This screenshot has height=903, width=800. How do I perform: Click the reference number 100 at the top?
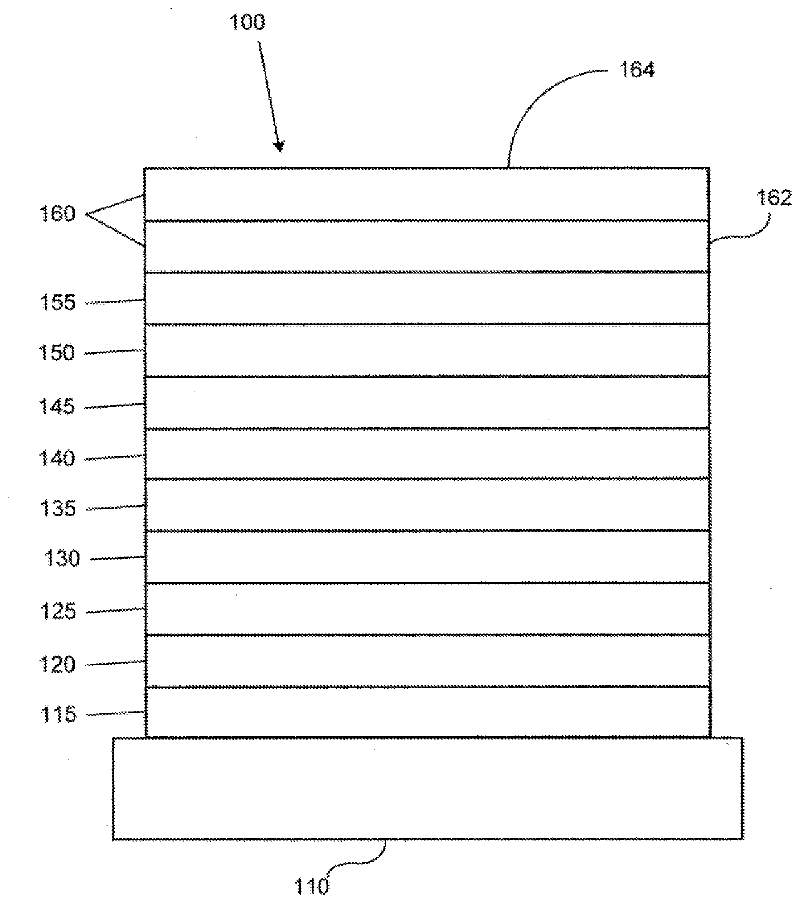247,23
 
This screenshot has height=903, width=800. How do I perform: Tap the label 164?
637,70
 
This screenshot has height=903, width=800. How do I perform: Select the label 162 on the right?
774,198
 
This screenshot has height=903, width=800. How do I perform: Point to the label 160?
57,214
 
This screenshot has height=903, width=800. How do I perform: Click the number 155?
57,302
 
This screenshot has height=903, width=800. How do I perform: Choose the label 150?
57,352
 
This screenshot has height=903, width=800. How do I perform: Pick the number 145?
57,407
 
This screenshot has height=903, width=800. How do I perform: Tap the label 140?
57,458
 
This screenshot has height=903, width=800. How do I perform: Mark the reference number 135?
59,509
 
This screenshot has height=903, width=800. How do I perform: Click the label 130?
63,558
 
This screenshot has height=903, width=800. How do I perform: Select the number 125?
59,611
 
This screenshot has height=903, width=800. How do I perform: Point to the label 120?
57,664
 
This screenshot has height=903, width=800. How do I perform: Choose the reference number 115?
59,715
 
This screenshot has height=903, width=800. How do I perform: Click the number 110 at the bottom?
312,886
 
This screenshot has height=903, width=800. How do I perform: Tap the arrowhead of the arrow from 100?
279,148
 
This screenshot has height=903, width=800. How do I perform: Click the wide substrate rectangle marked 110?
427,788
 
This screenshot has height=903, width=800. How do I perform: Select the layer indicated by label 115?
427,712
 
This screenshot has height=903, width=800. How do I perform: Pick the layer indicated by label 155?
427,298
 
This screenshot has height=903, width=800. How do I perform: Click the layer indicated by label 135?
427,505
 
